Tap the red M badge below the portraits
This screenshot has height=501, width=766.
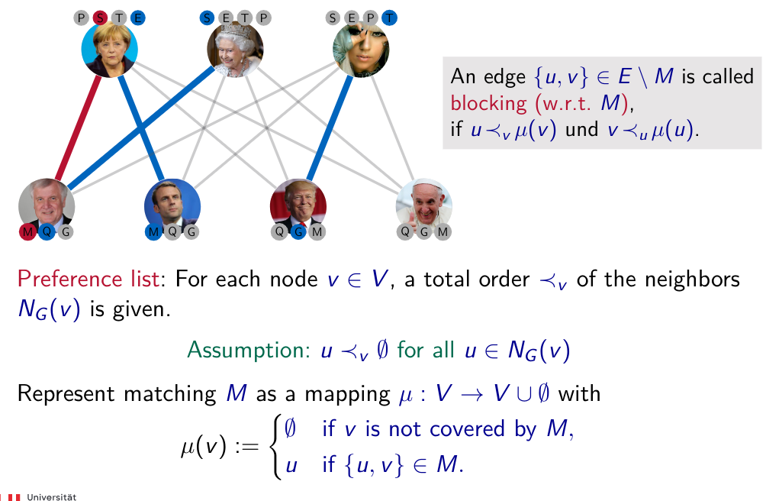[28, 231]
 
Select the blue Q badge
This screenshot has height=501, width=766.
[47, 231]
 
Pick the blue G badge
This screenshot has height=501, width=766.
[299, 231]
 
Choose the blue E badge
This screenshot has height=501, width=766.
[137, 18]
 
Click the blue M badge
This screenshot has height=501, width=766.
[154, 231]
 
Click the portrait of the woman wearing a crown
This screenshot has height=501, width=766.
[235, 49]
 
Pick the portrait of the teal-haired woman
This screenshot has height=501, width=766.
[361, 49]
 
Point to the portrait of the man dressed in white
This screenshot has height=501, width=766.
[424, 206]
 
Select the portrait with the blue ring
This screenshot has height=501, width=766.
[110, 49]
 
